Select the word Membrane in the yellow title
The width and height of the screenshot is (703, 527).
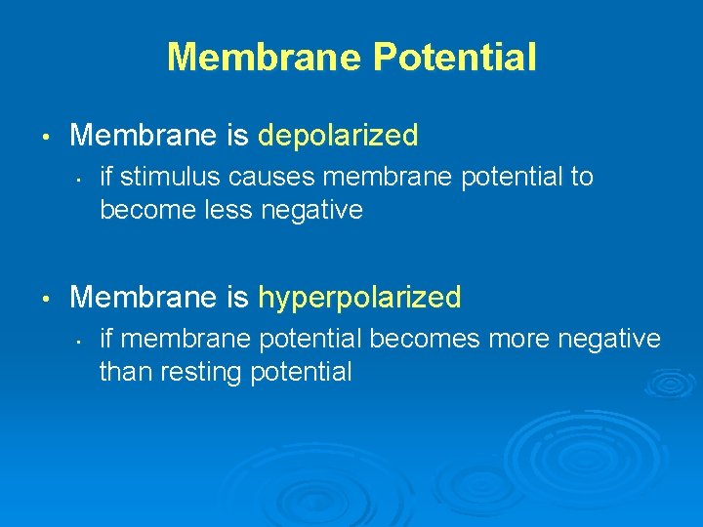coord(264,58)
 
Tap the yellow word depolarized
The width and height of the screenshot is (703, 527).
coord(338,135)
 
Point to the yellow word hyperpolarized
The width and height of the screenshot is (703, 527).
coord(359,298)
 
